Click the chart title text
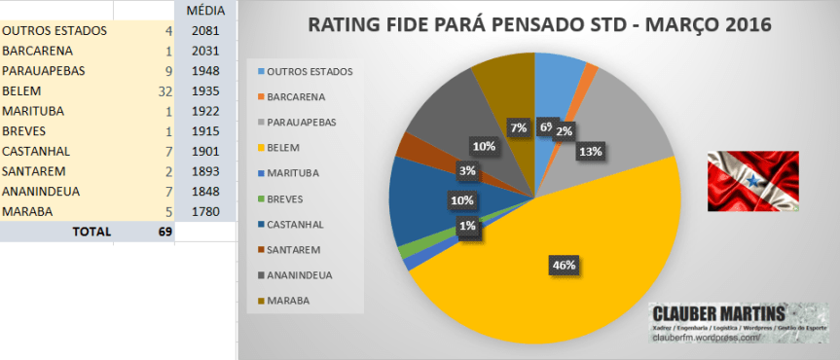538,24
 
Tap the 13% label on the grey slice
589,151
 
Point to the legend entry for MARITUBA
297,173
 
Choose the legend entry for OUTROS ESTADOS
307,72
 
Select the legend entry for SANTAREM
297,250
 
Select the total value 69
164,233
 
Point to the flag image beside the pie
752,181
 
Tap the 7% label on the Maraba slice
518,127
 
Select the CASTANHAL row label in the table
34,151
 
